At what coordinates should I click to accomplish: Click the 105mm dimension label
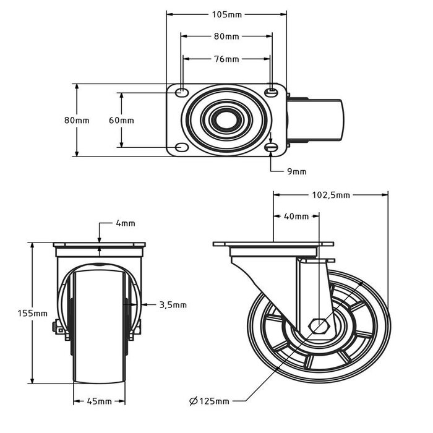point(226,14)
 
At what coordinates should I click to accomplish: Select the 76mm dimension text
point(226,59)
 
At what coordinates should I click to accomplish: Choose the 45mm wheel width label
point(100,401)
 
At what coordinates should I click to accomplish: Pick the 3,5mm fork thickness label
point(173,304)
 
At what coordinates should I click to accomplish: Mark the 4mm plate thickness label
point(125,223)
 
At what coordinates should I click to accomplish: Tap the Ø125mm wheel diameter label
point(208,401)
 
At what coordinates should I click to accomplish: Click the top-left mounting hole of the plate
point(181,92)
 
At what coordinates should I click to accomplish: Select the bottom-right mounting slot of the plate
point(271,148)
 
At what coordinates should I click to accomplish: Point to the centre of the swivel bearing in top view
point(226,120)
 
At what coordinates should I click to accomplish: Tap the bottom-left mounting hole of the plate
point(181,148)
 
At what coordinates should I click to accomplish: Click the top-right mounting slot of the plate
point(271,92)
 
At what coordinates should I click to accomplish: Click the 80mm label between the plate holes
point(226,36)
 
